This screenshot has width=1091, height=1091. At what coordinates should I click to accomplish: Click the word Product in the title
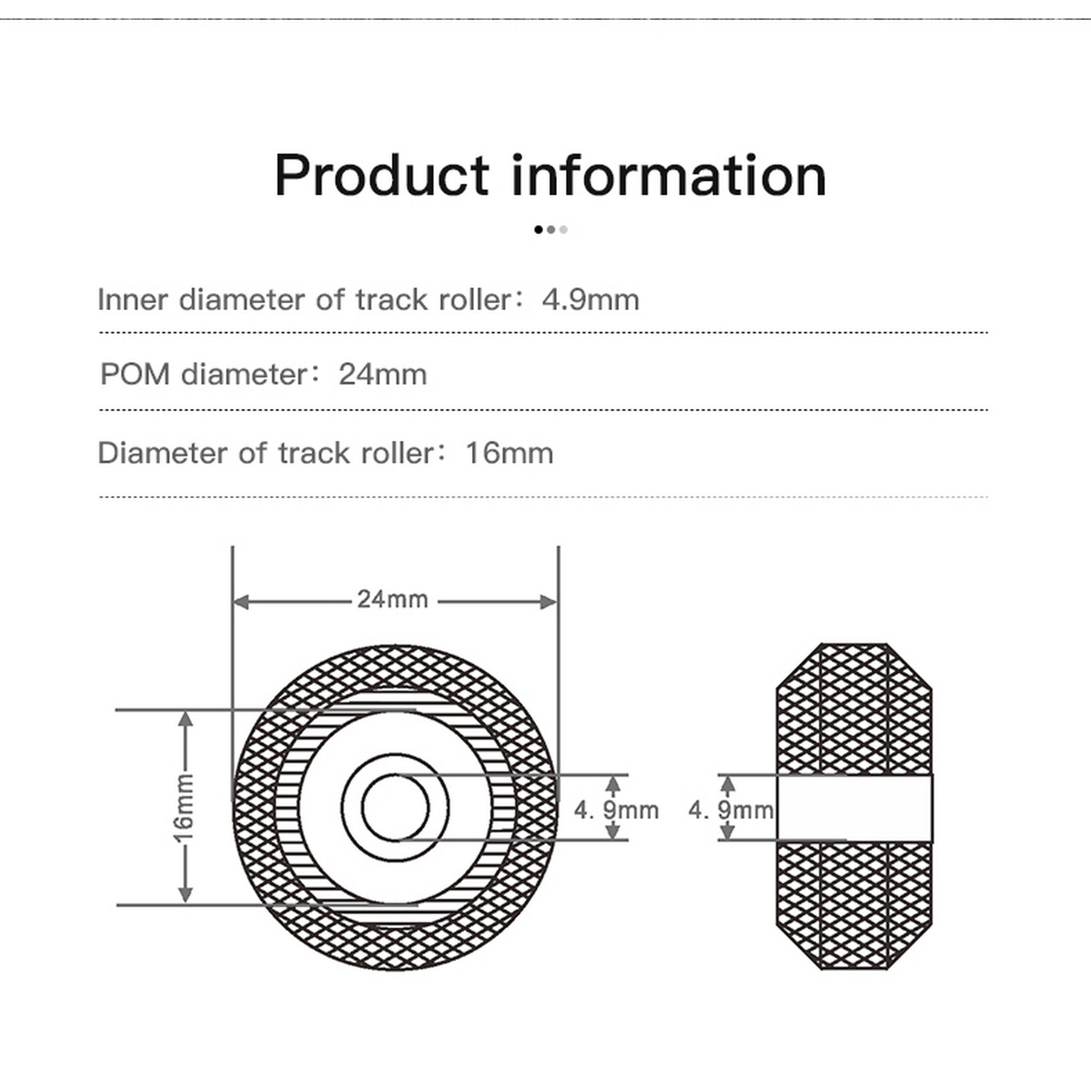pyautogui.click(x=382, y=176)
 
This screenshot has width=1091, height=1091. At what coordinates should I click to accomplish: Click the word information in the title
pyautogui.click(x=669, y=176)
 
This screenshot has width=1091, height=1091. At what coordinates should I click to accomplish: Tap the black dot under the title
pyautogui.click(x=538, y=229)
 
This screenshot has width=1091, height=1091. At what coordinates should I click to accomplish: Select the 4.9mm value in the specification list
pyautogui.click(x=590, y=299)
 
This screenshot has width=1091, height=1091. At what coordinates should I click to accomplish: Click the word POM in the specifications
pyautogui.click(x=135, y=374)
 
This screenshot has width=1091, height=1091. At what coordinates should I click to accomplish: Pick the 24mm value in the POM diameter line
pyautogui.click(x=382, y=374)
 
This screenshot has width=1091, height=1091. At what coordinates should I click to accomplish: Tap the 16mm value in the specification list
pyautogui.click(x=509, y=453)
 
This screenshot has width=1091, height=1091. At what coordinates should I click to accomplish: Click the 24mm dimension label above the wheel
pyautogui.click(x=392, y=599)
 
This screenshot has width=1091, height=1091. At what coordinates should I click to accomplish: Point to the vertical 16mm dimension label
pyautogui.click(x=184, y=807)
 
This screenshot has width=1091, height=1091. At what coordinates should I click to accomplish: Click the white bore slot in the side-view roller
pyautogui.click(x=854, y=807)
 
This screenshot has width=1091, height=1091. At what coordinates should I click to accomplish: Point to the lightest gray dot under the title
pyautogui.click(x=563, y=229)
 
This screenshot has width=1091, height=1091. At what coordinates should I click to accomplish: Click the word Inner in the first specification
pyautogui.click(x=133, y=299)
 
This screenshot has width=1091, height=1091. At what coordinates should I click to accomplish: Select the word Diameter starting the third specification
pyautogui.click(x=161, y=453)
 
